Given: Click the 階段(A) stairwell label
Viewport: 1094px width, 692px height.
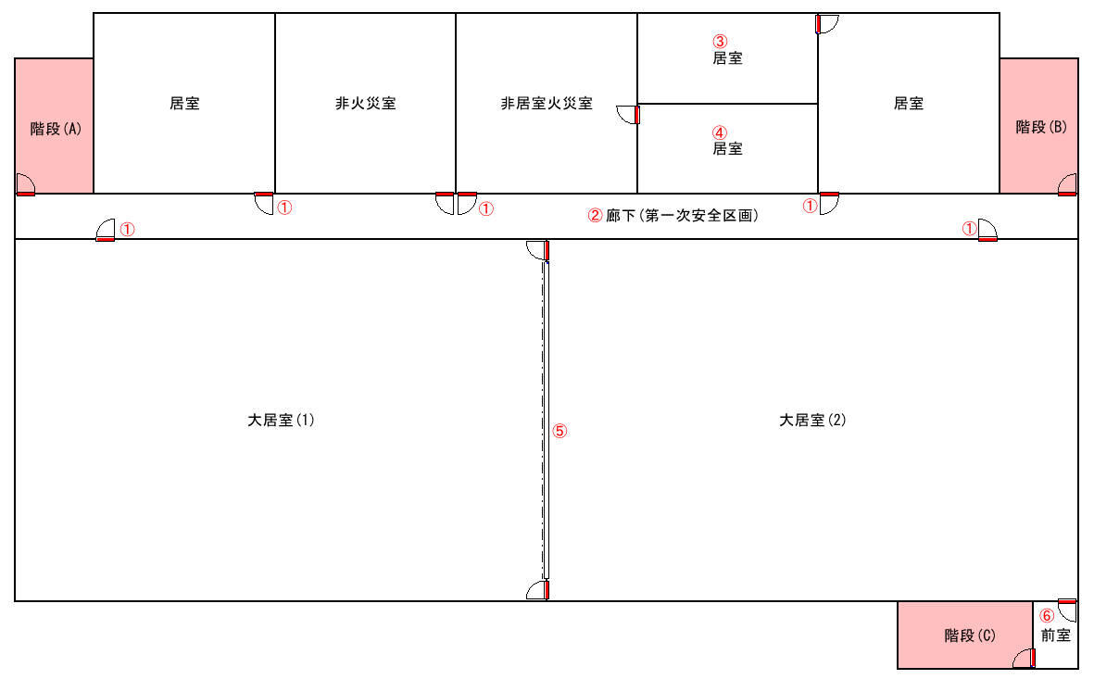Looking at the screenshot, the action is (x=56, y=129).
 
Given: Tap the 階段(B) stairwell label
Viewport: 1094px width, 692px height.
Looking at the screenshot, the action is (x=1041, y=127).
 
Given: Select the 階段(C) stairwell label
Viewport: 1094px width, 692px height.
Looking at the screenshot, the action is (x=970, y=635).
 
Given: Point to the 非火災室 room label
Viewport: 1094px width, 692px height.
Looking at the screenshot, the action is (x=366, y=103).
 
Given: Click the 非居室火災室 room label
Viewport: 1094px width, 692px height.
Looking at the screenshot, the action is (x=547, y=103).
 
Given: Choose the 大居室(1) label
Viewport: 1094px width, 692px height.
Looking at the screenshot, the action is (x=282, y=420).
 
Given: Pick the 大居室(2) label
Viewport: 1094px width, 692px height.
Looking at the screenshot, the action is (x=812, y=420).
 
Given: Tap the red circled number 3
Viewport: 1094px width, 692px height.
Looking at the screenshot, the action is (x=720, y=42).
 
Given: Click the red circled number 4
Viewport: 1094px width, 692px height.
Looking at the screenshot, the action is (x=720, y=132).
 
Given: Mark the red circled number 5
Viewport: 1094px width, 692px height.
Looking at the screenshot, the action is (x=560, y=431).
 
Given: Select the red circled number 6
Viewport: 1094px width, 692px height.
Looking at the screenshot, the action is (x=1047, y=616).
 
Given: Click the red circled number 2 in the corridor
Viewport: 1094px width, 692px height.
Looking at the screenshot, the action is (x=595, y=216).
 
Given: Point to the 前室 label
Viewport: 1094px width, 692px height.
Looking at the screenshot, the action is (x=1056, y=635).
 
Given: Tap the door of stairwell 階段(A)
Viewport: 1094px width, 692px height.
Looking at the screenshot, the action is (x=25, y=184).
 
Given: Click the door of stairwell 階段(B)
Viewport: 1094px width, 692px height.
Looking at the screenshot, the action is (x=1067, y=184).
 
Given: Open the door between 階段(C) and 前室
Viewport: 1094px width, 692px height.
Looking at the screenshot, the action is (x=1025, y=658).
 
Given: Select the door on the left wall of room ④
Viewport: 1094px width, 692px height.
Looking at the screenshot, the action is (x=628, y=114).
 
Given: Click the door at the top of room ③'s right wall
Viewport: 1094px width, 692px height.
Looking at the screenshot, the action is (x=827, y=24).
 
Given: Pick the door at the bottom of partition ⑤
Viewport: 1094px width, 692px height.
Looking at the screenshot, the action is (x=538, y=590).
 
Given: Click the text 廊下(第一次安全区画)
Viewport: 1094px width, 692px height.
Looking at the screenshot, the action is (x=682, y=216).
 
